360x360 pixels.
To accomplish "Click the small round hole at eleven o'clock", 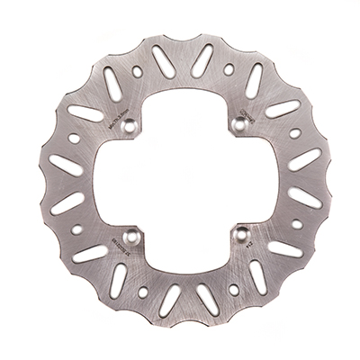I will (x=138, y=70).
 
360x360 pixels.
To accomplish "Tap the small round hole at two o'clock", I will (x=295, y=133).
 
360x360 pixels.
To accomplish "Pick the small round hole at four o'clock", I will (x=296, y=225).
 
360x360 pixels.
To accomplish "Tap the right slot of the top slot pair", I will (x=202, y=61).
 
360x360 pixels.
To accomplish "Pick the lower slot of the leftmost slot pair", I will (x=67, y=202).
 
